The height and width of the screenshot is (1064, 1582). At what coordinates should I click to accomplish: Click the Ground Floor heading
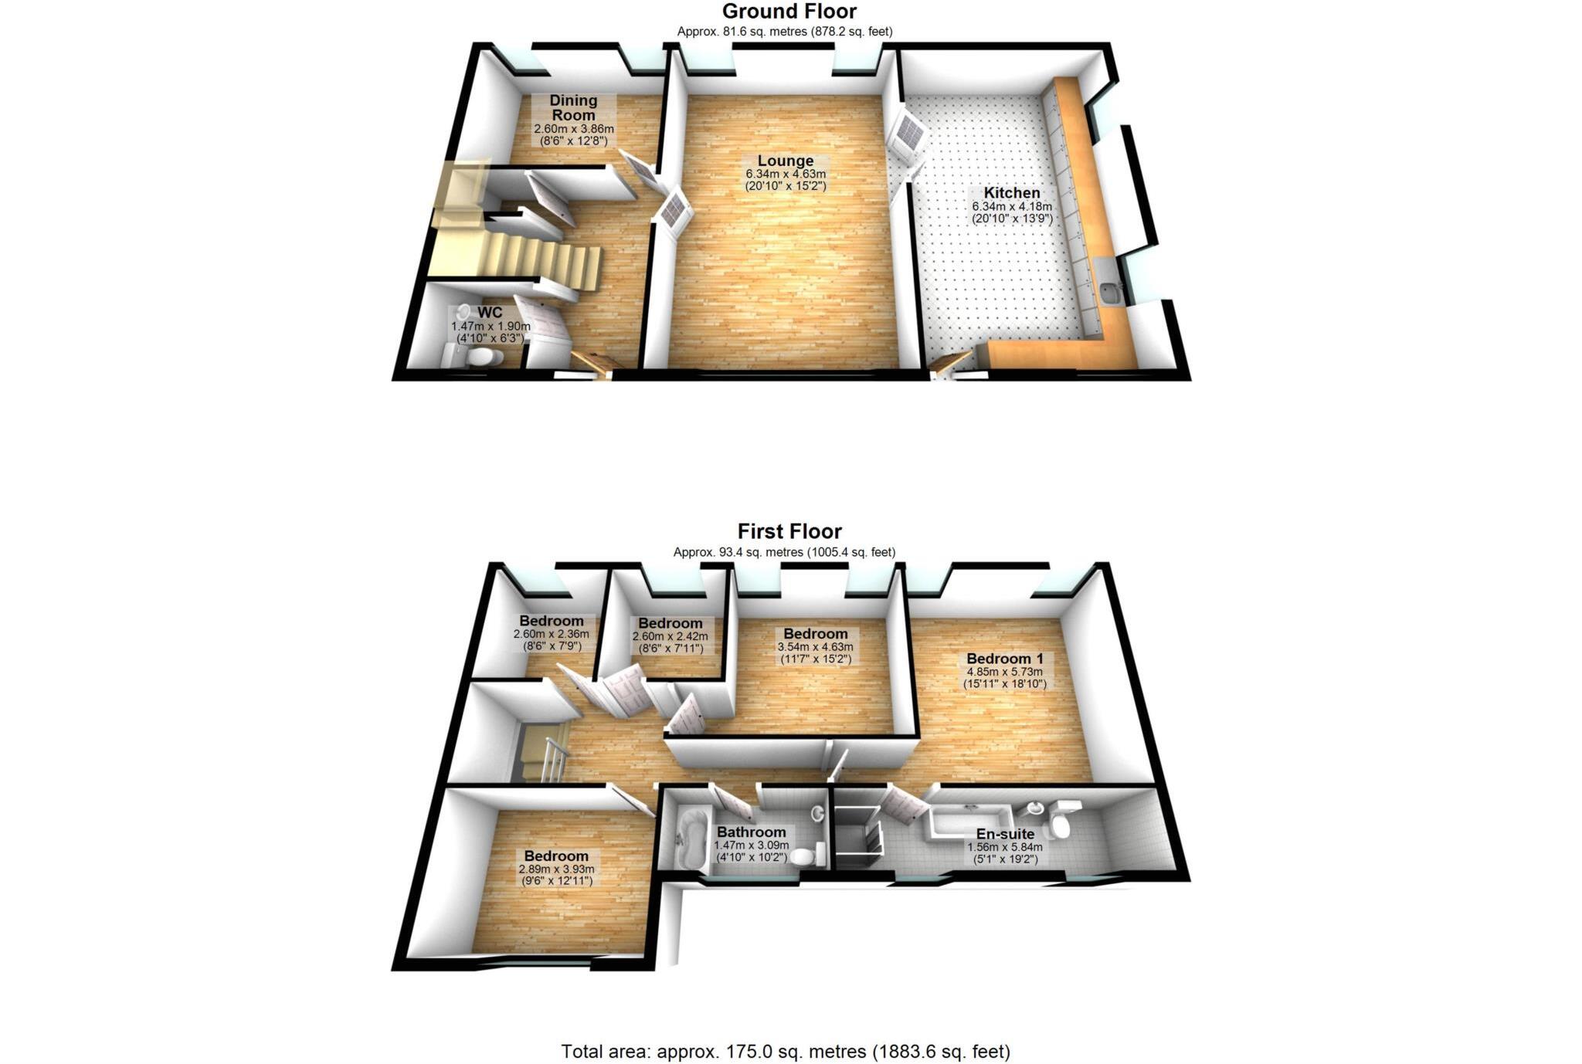point(789,12)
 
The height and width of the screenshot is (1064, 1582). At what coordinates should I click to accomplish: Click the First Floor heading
point(789,531)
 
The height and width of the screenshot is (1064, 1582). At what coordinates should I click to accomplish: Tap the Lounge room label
point(785,161)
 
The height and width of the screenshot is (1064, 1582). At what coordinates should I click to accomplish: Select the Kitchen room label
point(1011,193)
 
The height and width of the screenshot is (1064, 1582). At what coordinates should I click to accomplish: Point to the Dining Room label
point(573,107)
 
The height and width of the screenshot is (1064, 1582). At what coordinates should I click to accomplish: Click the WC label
point(490,313)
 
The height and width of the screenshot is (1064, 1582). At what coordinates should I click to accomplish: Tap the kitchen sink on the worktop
point(1111,293)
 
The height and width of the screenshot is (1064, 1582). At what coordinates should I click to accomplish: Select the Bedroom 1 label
point(1004,659)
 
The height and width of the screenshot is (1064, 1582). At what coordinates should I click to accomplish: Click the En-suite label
point(1005,834)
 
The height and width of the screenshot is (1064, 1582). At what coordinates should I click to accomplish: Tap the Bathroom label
point(751,832)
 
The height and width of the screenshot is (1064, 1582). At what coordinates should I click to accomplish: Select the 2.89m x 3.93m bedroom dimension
point(556,869)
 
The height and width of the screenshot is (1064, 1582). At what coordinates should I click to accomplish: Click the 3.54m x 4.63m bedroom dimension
point(816,647)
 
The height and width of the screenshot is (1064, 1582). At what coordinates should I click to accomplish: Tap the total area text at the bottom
point(785,1051)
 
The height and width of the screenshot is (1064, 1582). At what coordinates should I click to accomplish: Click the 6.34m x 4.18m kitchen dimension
point(1011,207)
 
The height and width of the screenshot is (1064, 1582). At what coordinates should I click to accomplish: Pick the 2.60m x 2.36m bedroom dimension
point(551,634)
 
